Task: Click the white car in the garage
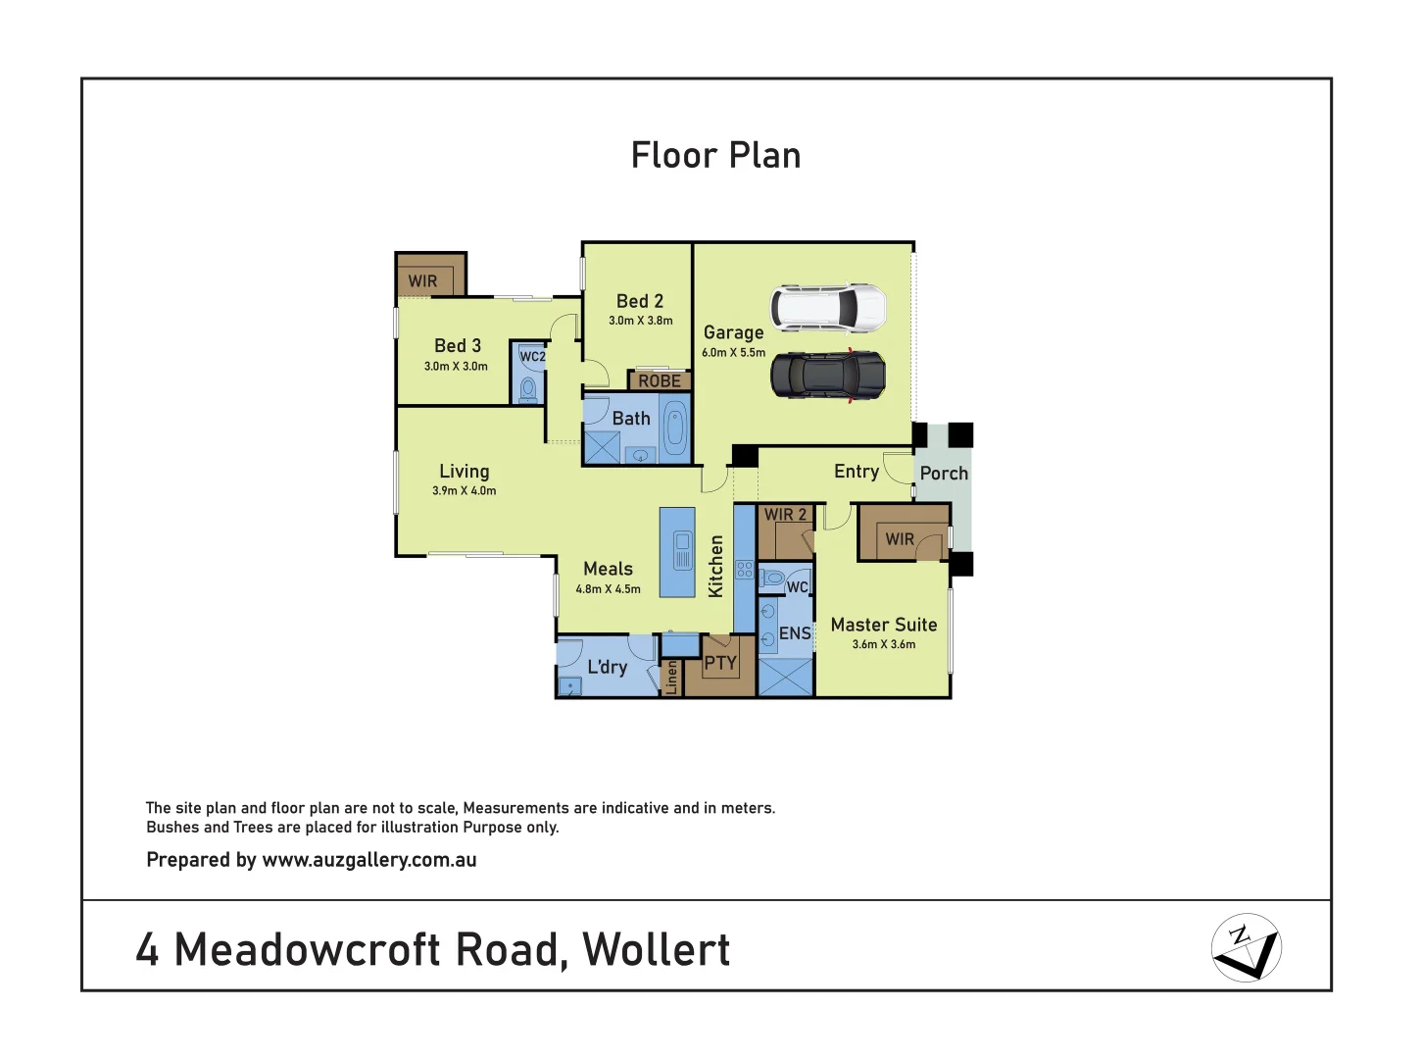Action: [828, 308]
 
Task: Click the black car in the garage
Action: [828, 376]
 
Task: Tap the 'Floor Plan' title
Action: [715, 156]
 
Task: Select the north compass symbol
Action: [1246, 947]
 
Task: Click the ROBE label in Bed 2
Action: [660, 380]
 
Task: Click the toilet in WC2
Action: [529, 388]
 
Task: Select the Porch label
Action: [944, 474]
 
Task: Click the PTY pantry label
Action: [720, 664]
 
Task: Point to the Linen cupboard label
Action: [671, 677]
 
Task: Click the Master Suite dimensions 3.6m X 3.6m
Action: [883, 644]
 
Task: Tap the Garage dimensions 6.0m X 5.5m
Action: [733, 353]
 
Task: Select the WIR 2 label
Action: [785, 514]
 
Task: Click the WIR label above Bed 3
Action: [423, 281]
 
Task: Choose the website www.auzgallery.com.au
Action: [369, 860]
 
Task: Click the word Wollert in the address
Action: [656, 949]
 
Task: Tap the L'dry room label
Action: [607, 667]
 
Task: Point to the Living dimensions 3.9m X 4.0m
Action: [464, 490]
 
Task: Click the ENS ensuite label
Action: [795, 633]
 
